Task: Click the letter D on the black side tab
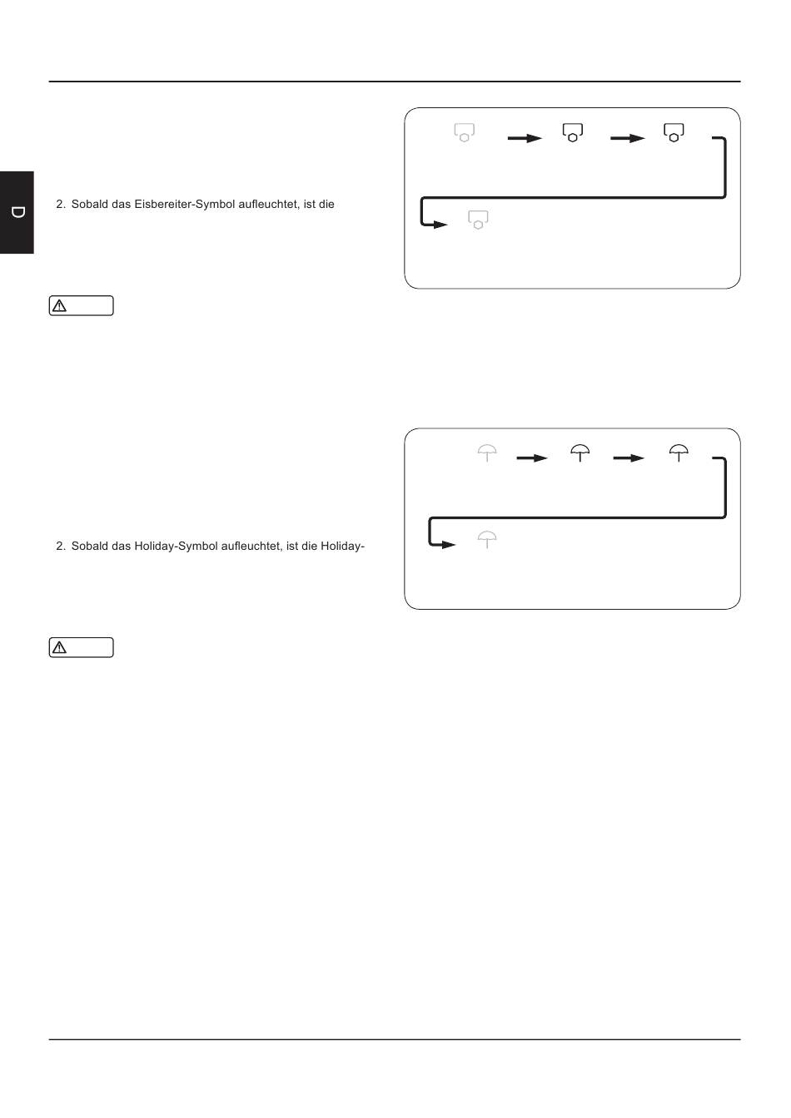[18, 212]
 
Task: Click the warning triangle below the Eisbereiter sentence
[59, 306]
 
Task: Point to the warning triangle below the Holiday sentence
[59, 648]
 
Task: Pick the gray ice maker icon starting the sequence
[465, 133]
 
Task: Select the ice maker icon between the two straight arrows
[573, 133]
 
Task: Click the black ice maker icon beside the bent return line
[674, 133]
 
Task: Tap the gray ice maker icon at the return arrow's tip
[478, 220]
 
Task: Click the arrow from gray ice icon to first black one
[525, 138]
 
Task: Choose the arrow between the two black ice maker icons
[628, 138]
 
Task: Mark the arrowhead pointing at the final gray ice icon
[440, 225]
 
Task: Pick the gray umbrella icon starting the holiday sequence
[487, 453]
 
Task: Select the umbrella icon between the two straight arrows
[580, 453]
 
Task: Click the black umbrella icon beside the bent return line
[679, 453]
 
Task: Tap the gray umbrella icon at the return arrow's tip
[487, 540]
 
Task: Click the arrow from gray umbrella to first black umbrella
[532, 458]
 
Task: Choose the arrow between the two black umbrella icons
[629, 458]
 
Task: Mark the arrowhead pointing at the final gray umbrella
[449, 545]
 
